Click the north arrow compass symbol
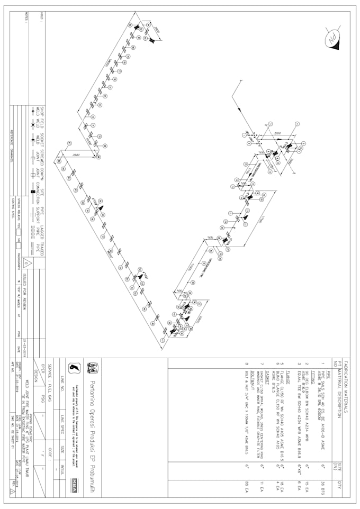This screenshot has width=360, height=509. click(332, 38)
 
